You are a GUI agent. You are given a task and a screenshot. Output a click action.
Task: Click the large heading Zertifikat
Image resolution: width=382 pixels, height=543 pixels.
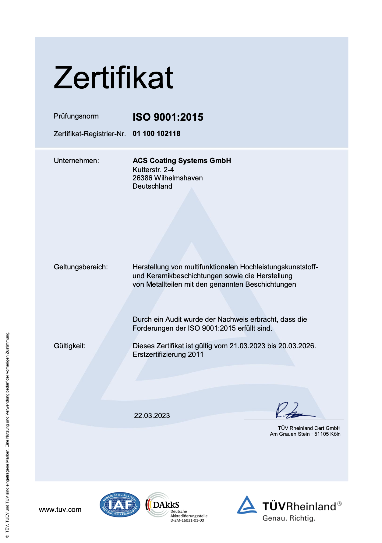coord(113,78)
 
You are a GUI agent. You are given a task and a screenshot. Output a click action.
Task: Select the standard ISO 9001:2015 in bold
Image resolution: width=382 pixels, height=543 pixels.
coord(168,117)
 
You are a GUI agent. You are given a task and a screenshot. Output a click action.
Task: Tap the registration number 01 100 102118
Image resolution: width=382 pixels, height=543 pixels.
coord(156,133)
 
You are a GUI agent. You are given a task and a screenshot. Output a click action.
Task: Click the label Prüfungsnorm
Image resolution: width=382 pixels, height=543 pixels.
coord(76,116)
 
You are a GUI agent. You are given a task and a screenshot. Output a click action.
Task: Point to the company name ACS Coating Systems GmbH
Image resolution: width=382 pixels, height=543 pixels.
coord(182,161)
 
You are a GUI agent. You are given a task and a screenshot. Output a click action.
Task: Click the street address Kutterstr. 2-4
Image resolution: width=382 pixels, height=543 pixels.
coord(153,169)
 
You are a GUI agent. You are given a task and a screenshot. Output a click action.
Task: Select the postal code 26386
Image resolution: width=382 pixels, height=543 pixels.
coord(142,178)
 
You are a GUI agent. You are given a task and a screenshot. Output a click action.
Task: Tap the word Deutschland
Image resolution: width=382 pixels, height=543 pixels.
coord(152,186)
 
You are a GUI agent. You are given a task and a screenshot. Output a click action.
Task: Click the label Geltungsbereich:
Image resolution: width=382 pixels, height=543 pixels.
coord(81,267)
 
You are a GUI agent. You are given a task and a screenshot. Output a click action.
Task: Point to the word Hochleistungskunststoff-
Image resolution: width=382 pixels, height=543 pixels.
coord(279,267)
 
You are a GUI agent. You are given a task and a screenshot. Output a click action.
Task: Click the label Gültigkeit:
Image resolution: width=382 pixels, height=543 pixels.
coord(69,346)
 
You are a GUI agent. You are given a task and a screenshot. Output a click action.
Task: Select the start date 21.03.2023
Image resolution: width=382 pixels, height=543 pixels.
coord(247,346)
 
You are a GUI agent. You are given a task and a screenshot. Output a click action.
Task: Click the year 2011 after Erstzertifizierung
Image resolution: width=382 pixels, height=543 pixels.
coord(196,354)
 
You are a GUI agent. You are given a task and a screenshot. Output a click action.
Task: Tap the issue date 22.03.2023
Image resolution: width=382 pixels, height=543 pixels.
coord(152,416)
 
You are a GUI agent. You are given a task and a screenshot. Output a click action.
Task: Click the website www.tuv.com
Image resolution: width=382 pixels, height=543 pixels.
coord(60,509)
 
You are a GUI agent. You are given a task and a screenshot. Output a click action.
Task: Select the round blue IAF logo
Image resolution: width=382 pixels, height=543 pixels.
coord(120,505)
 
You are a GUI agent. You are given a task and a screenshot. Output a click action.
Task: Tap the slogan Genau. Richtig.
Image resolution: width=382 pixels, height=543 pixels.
coord(289,518)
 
